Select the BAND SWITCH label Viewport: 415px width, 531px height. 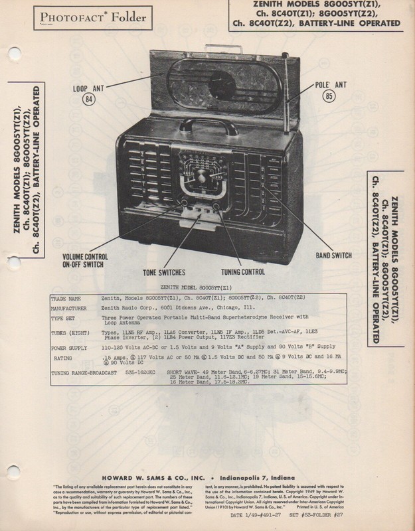pyautogui.click(x=333, y=254)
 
